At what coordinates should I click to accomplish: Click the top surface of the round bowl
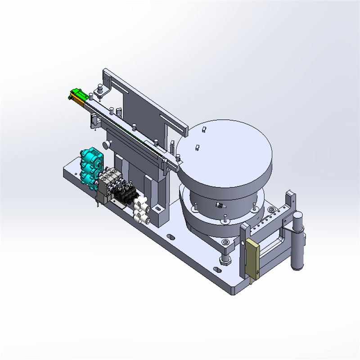click(225, 148)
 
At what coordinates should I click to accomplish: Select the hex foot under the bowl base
click(225, 260)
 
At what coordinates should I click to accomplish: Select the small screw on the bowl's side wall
click(220, 205)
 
